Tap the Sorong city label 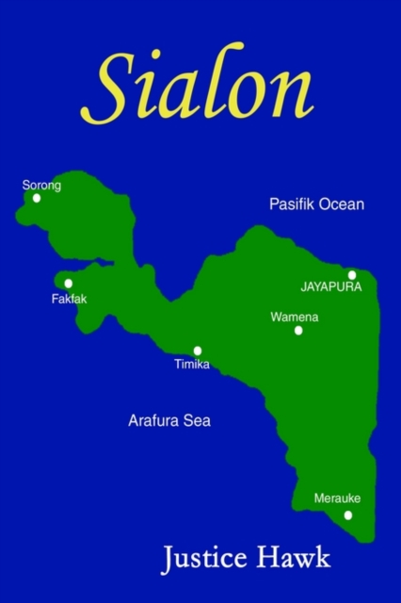click(x=41, y=186)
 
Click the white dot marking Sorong click(x=37, y=198)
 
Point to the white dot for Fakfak click(x=68, y=283)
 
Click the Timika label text click(x=192, y=365)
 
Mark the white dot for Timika click(x=198, y=350)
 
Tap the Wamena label click(x=295, y=318)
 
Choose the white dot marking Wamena click(x=298, y=331)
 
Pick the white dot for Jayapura click(x=352, y=275)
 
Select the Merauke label click(x=337, y=498)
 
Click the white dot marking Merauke click(x=348, y=514)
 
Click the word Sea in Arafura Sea click(x=197, y=421)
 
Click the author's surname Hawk click(x=297, y=558)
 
